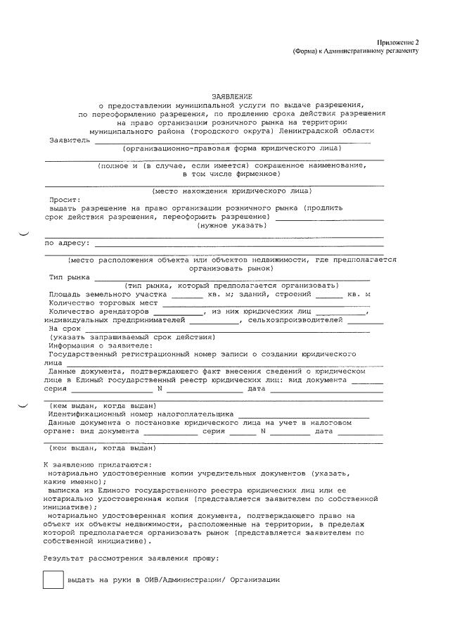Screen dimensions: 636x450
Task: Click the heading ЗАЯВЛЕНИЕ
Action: [231, 96]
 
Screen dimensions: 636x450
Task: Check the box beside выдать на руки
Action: [53, 580]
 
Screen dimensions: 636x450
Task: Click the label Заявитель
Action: [70, 140]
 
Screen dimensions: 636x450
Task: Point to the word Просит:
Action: [65, 200]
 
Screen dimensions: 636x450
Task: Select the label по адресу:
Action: [67, 243]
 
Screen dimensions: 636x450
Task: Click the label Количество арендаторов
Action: [99, 311]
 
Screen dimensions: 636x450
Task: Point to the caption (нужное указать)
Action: [231, 225]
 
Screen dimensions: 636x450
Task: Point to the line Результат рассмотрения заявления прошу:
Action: [131, 558]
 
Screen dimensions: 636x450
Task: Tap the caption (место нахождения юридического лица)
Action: [232, 191]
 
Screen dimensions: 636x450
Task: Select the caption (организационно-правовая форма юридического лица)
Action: [232, 148]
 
